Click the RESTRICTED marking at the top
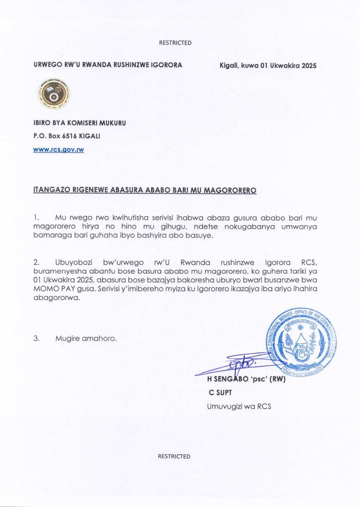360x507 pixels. coord(175,43)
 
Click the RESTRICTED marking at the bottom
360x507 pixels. coord(174,456)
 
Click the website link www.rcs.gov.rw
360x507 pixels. coord(59,149)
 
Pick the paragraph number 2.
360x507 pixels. coord(36,263)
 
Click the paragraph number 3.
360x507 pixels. coord(36,338)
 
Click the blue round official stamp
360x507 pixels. coord(302,343)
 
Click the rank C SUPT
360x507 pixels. coord(220,393)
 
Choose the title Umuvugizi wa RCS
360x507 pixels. coord(239,406)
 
